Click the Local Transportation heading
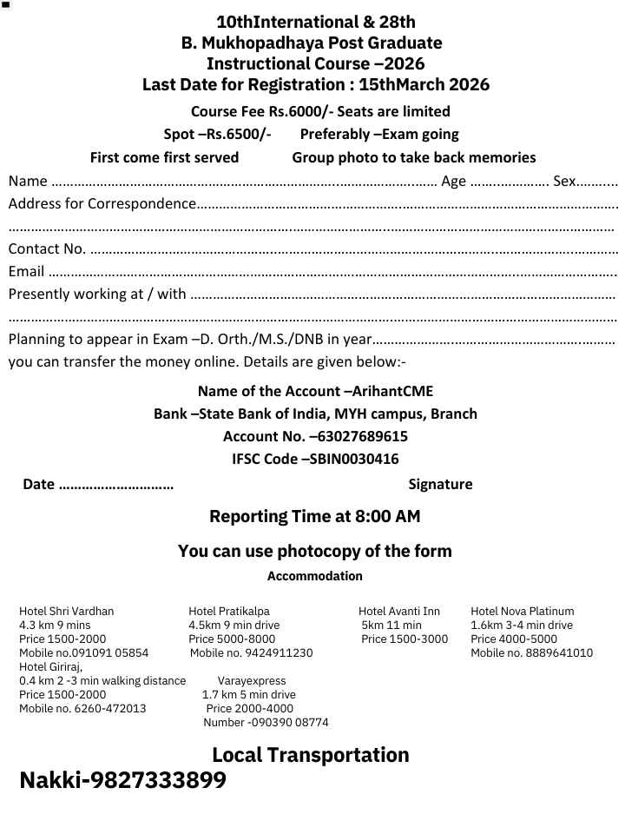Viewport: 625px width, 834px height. point(311,755)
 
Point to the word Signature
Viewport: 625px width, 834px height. point(440,484)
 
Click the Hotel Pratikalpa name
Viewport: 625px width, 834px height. point(229,611)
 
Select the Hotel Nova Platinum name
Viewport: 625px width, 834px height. point(523,611)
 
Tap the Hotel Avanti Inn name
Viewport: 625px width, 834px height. point(399,611)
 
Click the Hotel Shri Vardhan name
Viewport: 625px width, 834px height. point(67,611)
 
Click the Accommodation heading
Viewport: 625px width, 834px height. point(315,576)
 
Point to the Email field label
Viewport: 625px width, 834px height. point(26,272)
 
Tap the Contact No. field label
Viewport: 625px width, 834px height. point(47,249)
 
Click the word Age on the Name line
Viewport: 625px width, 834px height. point(454,181)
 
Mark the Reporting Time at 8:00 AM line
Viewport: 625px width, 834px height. point(315,516)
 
